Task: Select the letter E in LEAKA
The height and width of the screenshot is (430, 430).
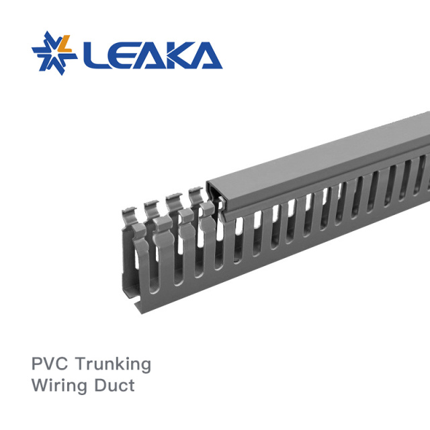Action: pyautogui.click(x=120, y=56)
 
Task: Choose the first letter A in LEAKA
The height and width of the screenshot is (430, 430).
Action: pyautogui.click(x=148, y=56)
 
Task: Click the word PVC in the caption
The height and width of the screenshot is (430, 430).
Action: pyautogui.click(x=50, y=364)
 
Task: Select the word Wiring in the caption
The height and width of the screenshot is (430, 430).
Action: pyautogui.click(x=61, y=387)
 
